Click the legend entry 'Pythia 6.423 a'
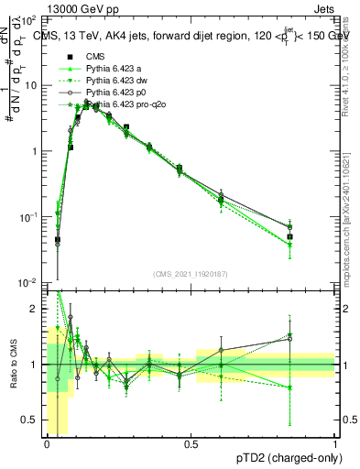[x=115, y=71]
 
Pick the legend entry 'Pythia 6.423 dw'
[x=118, y=82]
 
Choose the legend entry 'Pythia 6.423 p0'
[x=118, y=94]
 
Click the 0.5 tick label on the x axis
[x=191, y=443]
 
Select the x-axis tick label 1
[x=334, y=443]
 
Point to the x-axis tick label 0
[x=47, y=443]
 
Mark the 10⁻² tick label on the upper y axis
[x=28, y=283]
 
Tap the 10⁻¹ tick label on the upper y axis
[x=28, y=217]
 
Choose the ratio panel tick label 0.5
[x=32, y=420]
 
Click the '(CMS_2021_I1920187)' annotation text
[x=191, y=273]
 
